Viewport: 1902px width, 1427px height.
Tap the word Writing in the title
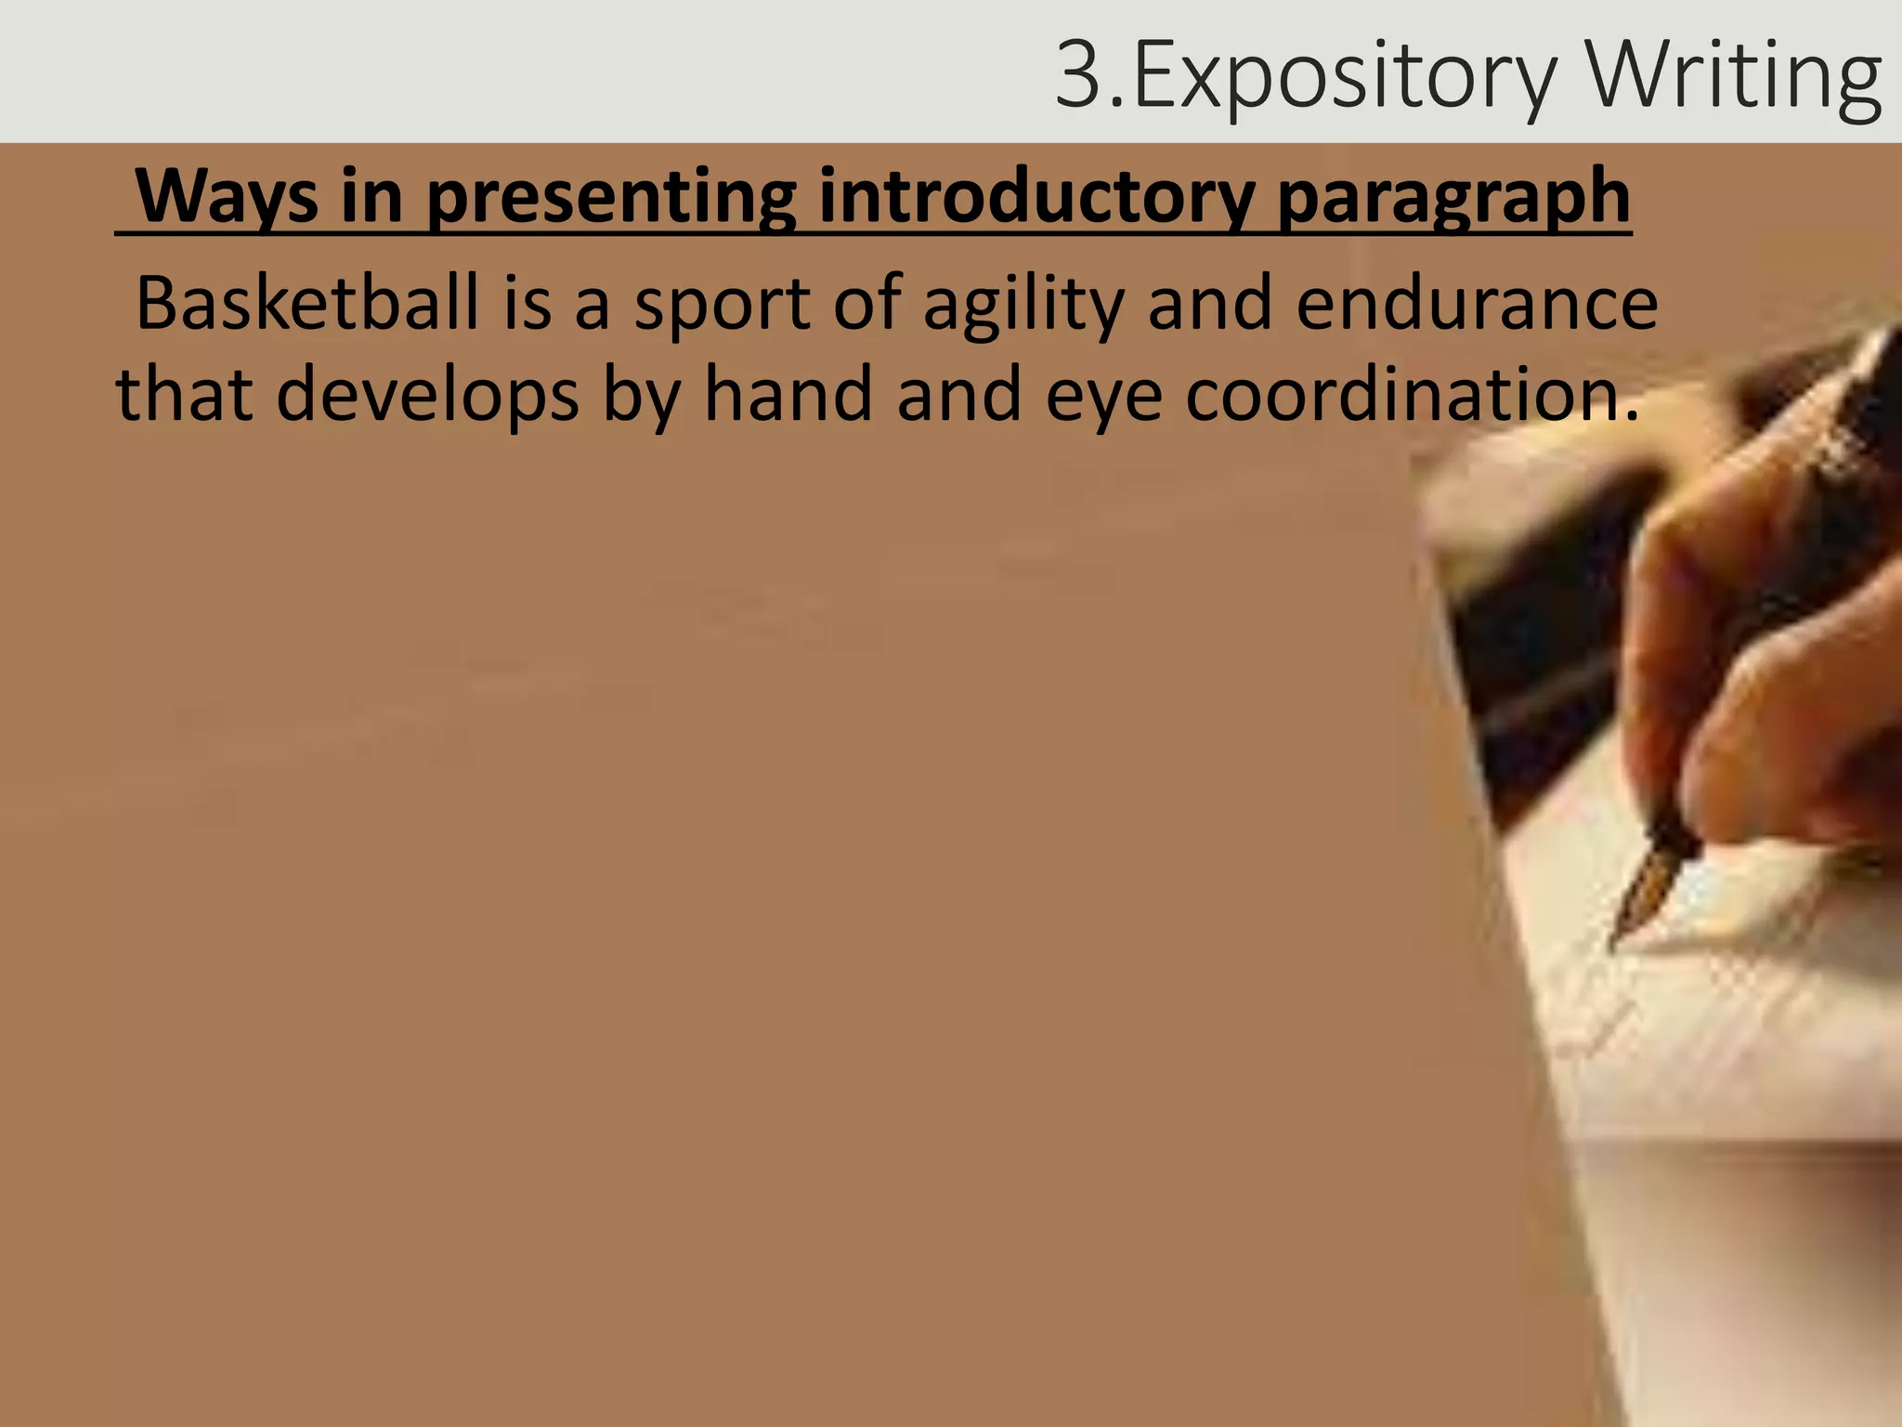(x=1735, y=76)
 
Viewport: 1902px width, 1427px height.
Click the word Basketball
(x=307, y=303)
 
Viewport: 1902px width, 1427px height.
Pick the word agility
(x=1023, y=305)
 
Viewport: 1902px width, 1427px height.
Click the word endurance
(x=1477, y=303)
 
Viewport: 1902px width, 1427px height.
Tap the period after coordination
(x=1632, y=415)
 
